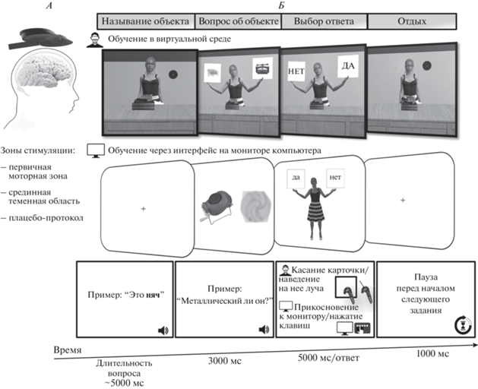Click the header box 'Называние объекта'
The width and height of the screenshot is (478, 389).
pyautogui.click(x=146, y=21)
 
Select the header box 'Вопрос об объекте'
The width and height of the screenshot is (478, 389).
pyautogui.click(x=238, y=21)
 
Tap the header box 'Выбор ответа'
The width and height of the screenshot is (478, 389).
pyautogui.click(x=324, y=21)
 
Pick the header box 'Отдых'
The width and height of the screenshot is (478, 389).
pyautogui.click(x=412, y=21)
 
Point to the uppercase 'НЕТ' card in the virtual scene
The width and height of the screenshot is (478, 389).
pyautogui.click(x=296, y=71)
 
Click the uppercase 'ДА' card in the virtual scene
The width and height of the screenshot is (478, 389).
pyautogui.click(x=348, y=66)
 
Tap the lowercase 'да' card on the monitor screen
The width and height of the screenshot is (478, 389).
pyautogui.click(x=296, y=178)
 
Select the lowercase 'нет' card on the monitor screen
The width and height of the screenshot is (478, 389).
pyautogui.click(x=335, y=178)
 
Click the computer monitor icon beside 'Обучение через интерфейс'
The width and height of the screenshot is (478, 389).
pyautogui.click(x=96, y=151)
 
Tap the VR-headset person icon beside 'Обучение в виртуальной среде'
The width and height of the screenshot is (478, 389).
pyautogui.click(x=95, y=40)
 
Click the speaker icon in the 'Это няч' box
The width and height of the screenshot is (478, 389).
pyautogui.click(x=163, y=330)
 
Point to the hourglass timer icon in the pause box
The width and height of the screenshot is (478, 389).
pyautogui.click(x=463, y=324)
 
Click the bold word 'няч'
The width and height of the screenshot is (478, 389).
pyautogui.click(x=153, y=295)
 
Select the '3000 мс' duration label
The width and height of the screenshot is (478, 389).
pyautogui.click(x=225, y=361)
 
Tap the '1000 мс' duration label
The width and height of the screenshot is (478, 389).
pyautogui.click(x=432, y=353)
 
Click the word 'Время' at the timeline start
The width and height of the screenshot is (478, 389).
pyautogui.click(x=68, y=349)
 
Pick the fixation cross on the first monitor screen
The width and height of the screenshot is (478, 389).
pyautogui.click(x=144, y=209)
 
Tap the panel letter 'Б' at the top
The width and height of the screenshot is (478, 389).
pyautogui.click(x=281, y=5)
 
